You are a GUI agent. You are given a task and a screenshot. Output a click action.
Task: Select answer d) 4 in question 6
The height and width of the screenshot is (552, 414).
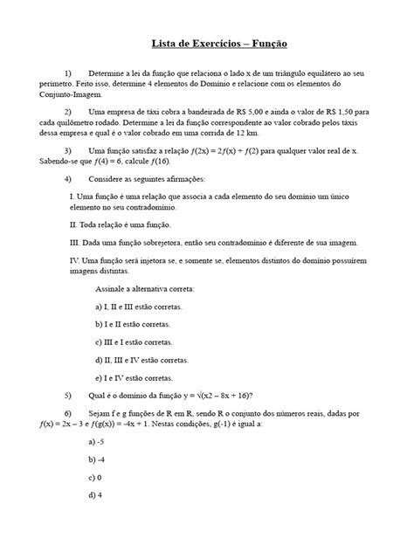tap(96, 495)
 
